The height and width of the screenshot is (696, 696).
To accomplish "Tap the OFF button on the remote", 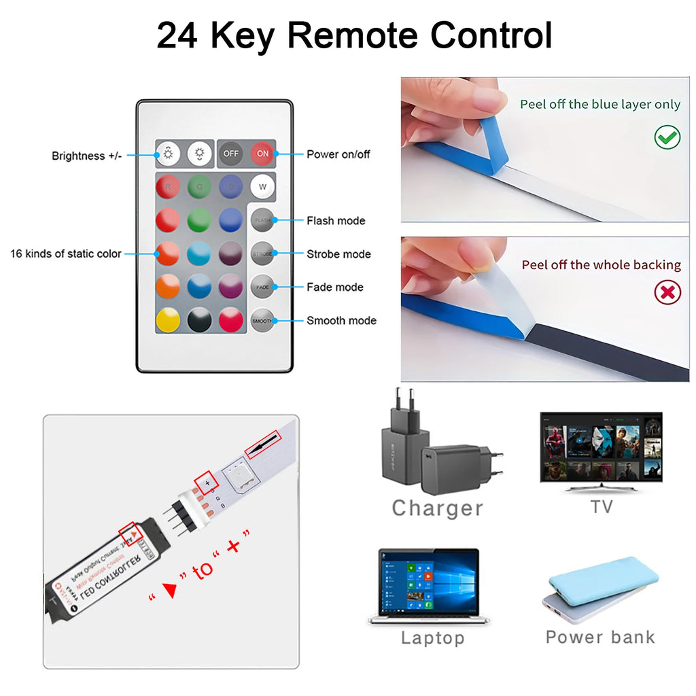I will click(x=231, y=154).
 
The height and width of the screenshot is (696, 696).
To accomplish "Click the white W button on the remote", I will click(x=262, y=186).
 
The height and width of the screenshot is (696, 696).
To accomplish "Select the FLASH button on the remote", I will click(x=262, y=220).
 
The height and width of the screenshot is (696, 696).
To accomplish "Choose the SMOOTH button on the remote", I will click(x=262, y=320).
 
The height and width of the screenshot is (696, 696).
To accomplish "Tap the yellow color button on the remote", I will click(x=168, y=320).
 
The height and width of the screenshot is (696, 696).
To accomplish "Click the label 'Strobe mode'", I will click(x=338, y=254).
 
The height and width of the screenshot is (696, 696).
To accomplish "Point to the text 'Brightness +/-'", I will click(x=87, y=156).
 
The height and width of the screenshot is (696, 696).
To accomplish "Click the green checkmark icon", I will click(x=667, y=138).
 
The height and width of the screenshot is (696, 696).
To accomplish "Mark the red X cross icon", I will click(x=667, y=292).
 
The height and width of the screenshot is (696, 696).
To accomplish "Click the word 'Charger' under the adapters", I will click(x=437, y=508).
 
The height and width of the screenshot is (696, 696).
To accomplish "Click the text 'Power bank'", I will click(x=600, y=637).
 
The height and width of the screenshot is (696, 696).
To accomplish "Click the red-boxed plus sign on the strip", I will click(x=207, y=483).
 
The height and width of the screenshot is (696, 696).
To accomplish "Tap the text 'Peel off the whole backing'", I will click(x=601, y=265).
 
